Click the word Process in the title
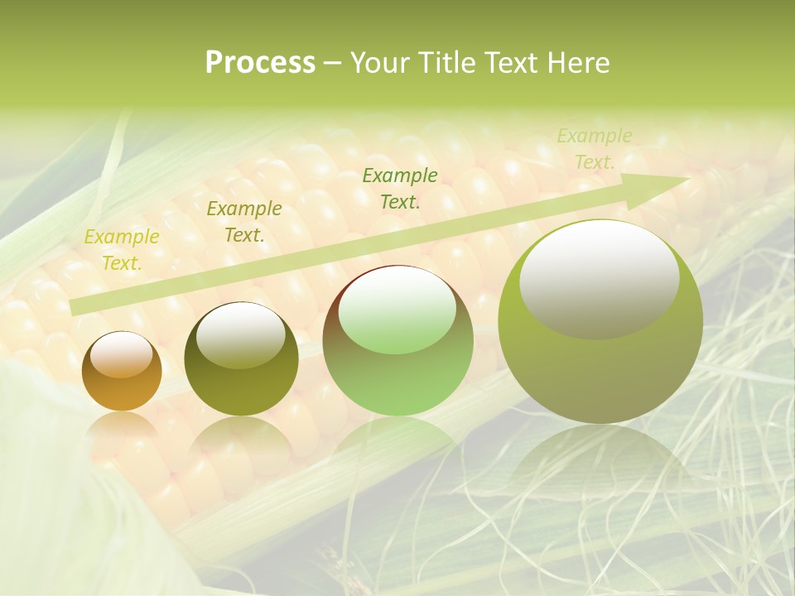pyautogui.click(x=260, y=63)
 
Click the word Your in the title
pyautogui.click(x=380, y=63)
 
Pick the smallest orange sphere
pyautogui.click(x=122, y=371)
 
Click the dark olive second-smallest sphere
pyautogui.click(x=241, y=359)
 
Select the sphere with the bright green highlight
pyautogui.click(x=397, y=341)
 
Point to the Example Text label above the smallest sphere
pyautogui.click(x=122, y=250)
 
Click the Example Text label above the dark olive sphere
pyautogui.click(x=243, y=222)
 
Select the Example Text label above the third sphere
pyautogui.click(x=400, y=188)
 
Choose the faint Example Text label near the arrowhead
pyautogui.click(x=594, y=149)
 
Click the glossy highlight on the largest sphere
pyautogui.click(x=600, y=279)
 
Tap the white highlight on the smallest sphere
pyautogui.click(x=121, y=355)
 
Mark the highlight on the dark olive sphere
pyautogui.click(x=241, y=334)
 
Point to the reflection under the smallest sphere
pyautogui.click(x=122, y=426)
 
